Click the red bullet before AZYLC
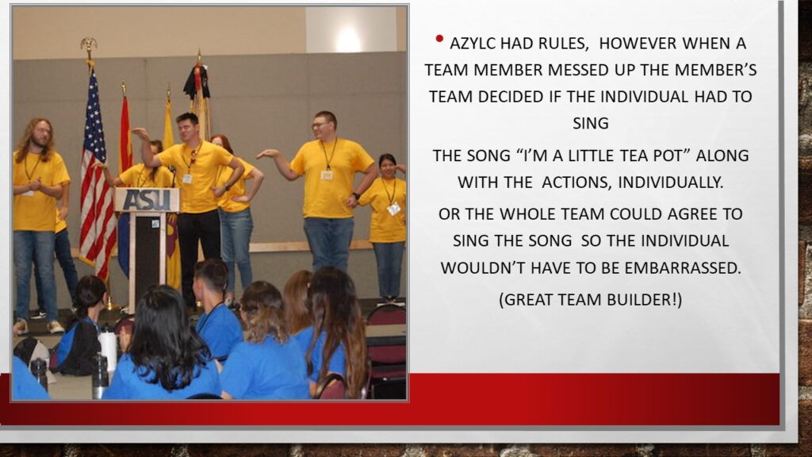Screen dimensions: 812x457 point(439,38)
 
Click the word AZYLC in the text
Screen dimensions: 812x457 point(473,44)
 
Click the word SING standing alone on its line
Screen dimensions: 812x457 point(590,123)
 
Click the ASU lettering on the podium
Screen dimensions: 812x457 point(147,200)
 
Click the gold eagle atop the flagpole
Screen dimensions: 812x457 point(89,45)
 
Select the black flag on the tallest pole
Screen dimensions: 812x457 point(197,82)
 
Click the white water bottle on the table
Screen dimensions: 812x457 point(108,349)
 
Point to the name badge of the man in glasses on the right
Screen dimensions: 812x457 point(327,175)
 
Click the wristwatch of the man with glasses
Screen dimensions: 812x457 point(356,196)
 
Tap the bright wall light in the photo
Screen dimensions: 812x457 point(349,40)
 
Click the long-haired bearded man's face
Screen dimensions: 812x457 point(41,135)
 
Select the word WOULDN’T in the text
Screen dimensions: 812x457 point(477,268)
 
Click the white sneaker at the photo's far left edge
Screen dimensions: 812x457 point(20,326)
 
